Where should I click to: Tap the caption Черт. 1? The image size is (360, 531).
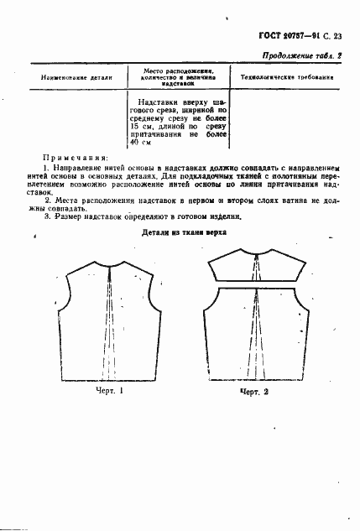tap(108, 390)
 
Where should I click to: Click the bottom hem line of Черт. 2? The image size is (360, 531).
tap(256, 375)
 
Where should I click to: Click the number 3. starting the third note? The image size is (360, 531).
tap(46, 215)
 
